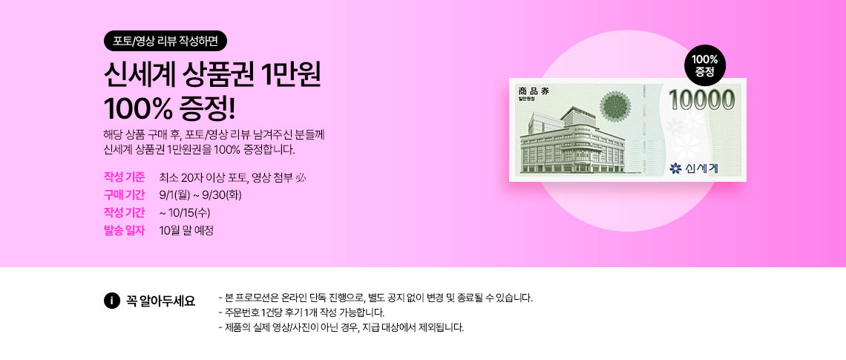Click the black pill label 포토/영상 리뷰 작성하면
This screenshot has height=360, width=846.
coord(165,41)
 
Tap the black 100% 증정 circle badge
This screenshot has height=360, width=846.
coord(705,65)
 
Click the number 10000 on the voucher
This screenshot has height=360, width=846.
coord(701,101)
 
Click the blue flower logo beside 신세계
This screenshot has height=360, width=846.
coord(675,168)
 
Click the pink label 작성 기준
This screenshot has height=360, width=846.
coord(124,177)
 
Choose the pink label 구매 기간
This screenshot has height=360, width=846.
coord(124,194)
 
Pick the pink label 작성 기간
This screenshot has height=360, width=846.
coord(124,212)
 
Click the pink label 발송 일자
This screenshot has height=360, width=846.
coord(124,230)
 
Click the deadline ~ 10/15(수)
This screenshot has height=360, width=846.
coord(185,212)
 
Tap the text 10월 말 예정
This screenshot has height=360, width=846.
coord(187,230)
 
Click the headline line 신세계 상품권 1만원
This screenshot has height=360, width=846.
coord(212,76)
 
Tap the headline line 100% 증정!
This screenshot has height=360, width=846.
coord(170,109)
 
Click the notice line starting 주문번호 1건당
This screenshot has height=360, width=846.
coord(301,312)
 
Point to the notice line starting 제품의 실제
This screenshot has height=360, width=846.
coord(341,327)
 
